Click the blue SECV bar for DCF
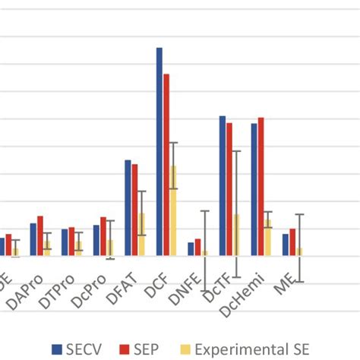[159, 152]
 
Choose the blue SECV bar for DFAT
[128, 208]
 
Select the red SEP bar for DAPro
[40, 236]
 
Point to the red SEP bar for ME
[292, 242]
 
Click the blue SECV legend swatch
[56, 349]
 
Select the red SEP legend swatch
[124, 349]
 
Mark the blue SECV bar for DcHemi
[254, 190]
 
